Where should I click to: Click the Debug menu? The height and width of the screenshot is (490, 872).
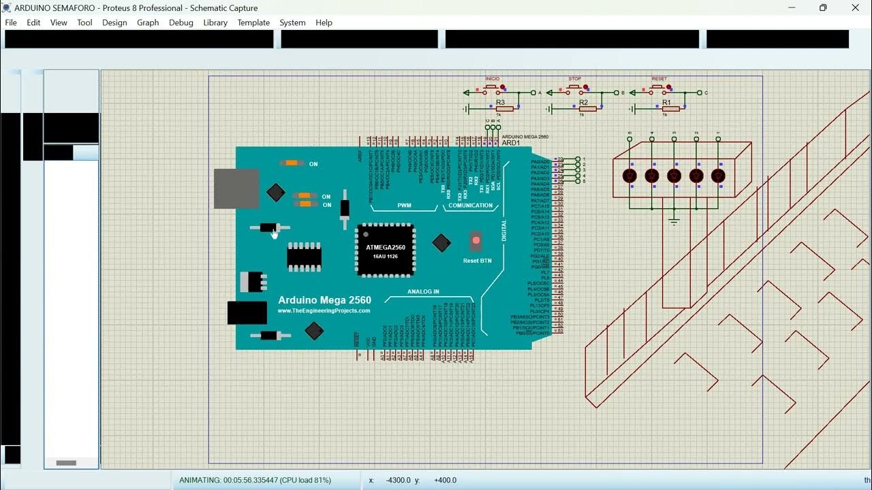[181, 22]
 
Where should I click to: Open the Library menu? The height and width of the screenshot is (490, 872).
[215, 22]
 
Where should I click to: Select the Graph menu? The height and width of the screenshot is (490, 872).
[148, 22]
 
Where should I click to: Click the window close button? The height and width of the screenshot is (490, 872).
[856, 8]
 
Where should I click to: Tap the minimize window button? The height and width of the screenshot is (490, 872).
[792, 8]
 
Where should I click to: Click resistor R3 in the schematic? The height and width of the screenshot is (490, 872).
[503, 108]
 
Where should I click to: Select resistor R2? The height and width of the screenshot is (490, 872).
[587, 108]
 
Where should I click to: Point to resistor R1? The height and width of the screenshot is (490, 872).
[670, 108]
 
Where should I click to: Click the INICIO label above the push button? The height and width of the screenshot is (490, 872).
[493, 79]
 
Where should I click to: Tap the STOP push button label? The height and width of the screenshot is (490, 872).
[575, 79]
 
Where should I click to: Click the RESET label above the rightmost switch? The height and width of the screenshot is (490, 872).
[659, 79]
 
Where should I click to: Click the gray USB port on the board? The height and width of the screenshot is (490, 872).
[236, 189]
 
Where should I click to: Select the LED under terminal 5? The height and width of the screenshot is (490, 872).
[630, 176]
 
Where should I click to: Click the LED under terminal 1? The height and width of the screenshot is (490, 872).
[718, 176]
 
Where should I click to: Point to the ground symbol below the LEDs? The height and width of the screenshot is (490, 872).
[674, 221]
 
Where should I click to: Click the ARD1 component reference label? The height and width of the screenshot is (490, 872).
[511, 143]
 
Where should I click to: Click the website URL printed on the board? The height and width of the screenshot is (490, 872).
[324, 311]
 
